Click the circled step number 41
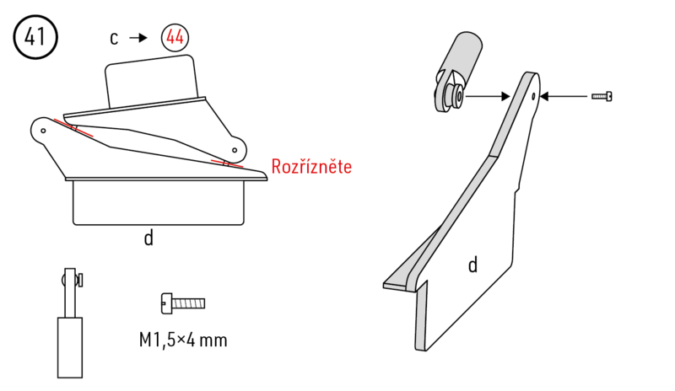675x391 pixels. coord(35,38)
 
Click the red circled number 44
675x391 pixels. coord(175,38)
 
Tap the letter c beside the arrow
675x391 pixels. coord(114,38)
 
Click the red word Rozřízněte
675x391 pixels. coord(311,167)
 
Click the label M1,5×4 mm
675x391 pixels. coord(183,340)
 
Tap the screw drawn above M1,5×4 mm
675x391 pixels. coord(182,301)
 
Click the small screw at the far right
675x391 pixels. coord(602,97)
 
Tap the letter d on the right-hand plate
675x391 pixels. coord(472,265)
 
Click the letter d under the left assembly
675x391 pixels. coord(148,238)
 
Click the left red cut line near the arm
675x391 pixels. coord(73,129)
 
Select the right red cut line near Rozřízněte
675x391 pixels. coord(227,163)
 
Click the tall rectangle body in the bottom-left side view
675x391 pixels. coord(69,347)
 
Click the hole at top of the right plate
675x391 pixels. coord(534,95)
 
